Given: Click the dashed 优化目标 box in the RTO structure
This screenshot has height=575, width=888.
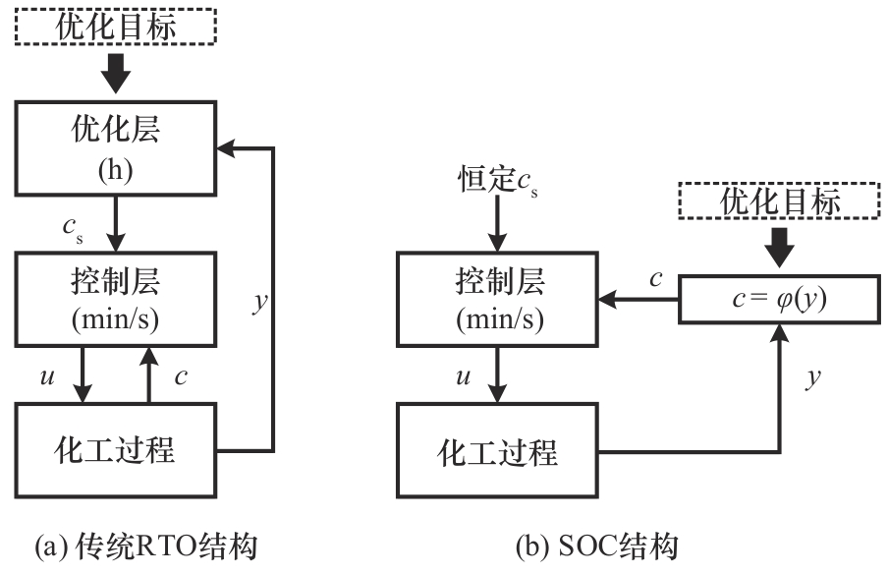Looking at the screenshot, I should [x=116, y=27].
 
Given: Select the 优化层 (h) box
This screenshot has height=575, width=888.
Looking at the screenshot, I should [x=116, y=151].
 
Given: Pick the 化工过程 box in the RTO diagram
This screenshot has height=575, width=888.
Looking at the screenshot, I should [x=116, y=451].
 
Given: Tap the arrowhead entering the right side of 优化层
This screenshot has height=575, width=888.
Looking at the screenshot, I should [x=226, y=150].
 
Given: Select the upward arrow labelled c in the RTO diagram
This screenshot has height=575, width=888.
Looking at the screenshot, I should [x=149, y=374].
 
